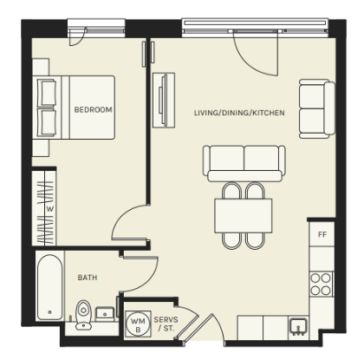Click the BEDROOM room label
point(93,109)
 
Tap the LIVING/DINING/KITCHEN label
point(239,113)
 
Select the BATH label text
point(88,278)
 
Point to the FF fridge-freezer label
point(322,234)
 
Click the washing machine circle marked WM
point(138,324)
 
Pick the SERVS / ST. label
point(166,324)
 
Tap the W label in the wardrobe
point(50,209)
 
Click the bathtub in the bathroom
point(49,287)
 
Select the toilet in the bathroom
point(83,315)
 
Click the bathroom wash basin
point(105,312)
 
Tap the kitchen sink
point(298,326)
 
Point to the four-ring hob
point(321,284)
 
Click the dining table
point(244,215)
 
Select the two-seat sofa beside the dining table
point(244,163)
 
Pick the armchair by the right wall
point(317,108)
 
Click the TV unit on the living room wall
point(164,100)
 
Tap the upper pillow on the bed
point(47,93)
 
